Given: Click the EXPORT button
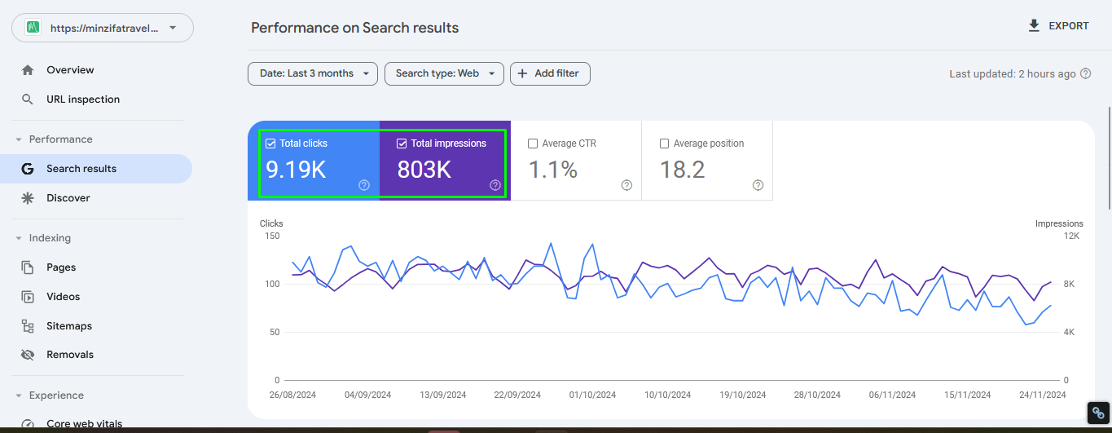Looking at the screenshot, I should click(x=1058, y=26).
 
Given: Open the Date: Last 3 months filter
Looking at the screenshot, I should click(x=313, y=73).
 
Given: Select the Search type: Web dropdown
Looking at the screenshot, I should click(x=444, y=73).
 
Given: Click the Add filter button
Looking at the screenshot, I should click(x=550, y=73).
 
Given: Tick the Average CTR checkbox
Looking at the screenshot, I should click(x=534, y=144).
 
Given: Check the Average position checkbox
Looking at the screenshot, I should click(x=665, y=144).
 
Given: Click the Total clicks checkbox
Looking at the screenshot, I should click(x=271, y=144).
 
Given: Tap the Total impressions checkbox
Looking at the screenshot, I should click(x=402, y=144).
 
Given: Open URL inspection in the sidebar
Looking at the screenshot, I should click(x=82, y=99).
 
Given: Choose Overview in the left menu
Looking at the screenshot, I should click(x=70, y=70).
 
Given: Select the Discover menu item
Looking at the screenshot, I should click(x=68, y=198).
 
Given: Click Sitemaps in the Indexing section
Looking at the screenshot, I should click(x=69, y=326).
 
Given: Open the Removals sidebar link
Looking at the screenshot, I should click(x=69, y=355).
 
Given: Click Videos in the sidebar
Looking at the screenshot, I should click(x=63, y=297).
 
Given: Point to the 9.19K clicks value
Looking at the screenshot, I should click(x=297, y=170).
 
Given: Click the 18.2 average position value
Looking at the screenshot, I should click(x=682, y=170).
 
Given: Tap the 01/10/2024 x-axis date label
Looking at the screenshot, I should click(x=593, y=395).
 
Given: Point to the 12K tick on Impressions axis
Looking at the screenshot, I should click(x=1071, y=236).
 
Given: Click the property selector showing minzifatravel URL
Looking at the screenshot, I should click(x=103, y=28).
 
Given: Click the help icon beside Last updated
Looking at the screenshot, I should click(x=1085, y=74).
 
